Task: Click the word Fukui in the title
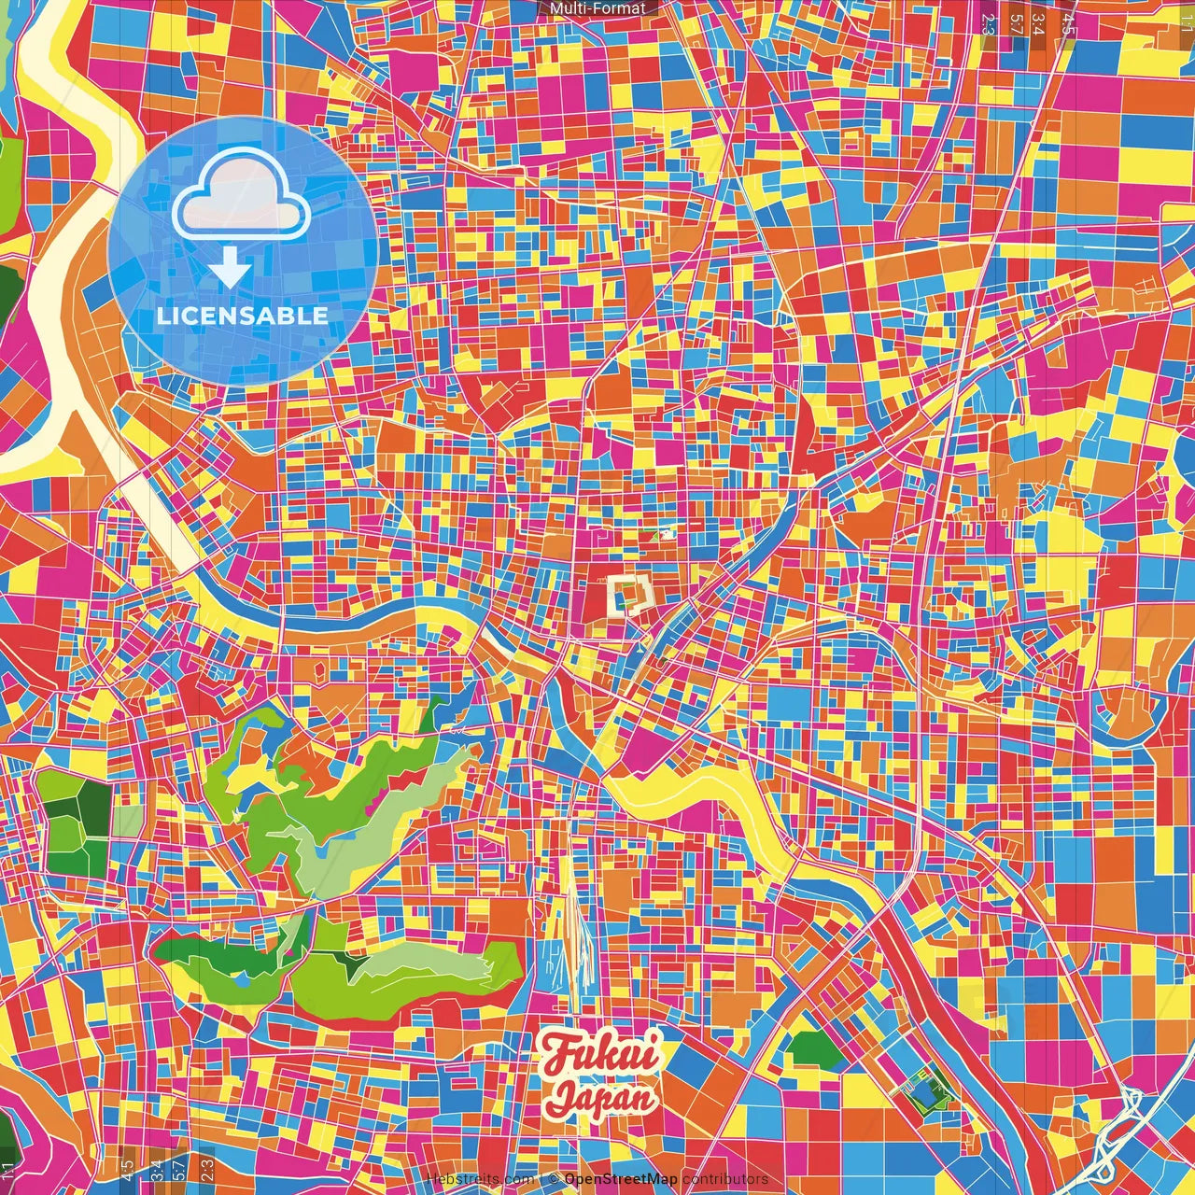(601, 1054)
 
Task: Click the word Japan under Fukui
(601, 1097)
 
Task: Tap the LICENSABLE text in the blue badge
(242, 316)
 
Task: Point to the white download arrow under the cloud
(229, 269)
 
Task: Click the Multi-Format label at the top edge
(597, 8)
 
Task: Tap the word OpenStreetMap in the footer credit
(621, 1179)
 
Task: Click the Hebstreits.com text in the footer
(480, 1179)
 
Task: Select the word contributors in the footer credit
(725, 1179)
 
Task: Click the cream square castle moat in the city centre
(628, 594)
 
